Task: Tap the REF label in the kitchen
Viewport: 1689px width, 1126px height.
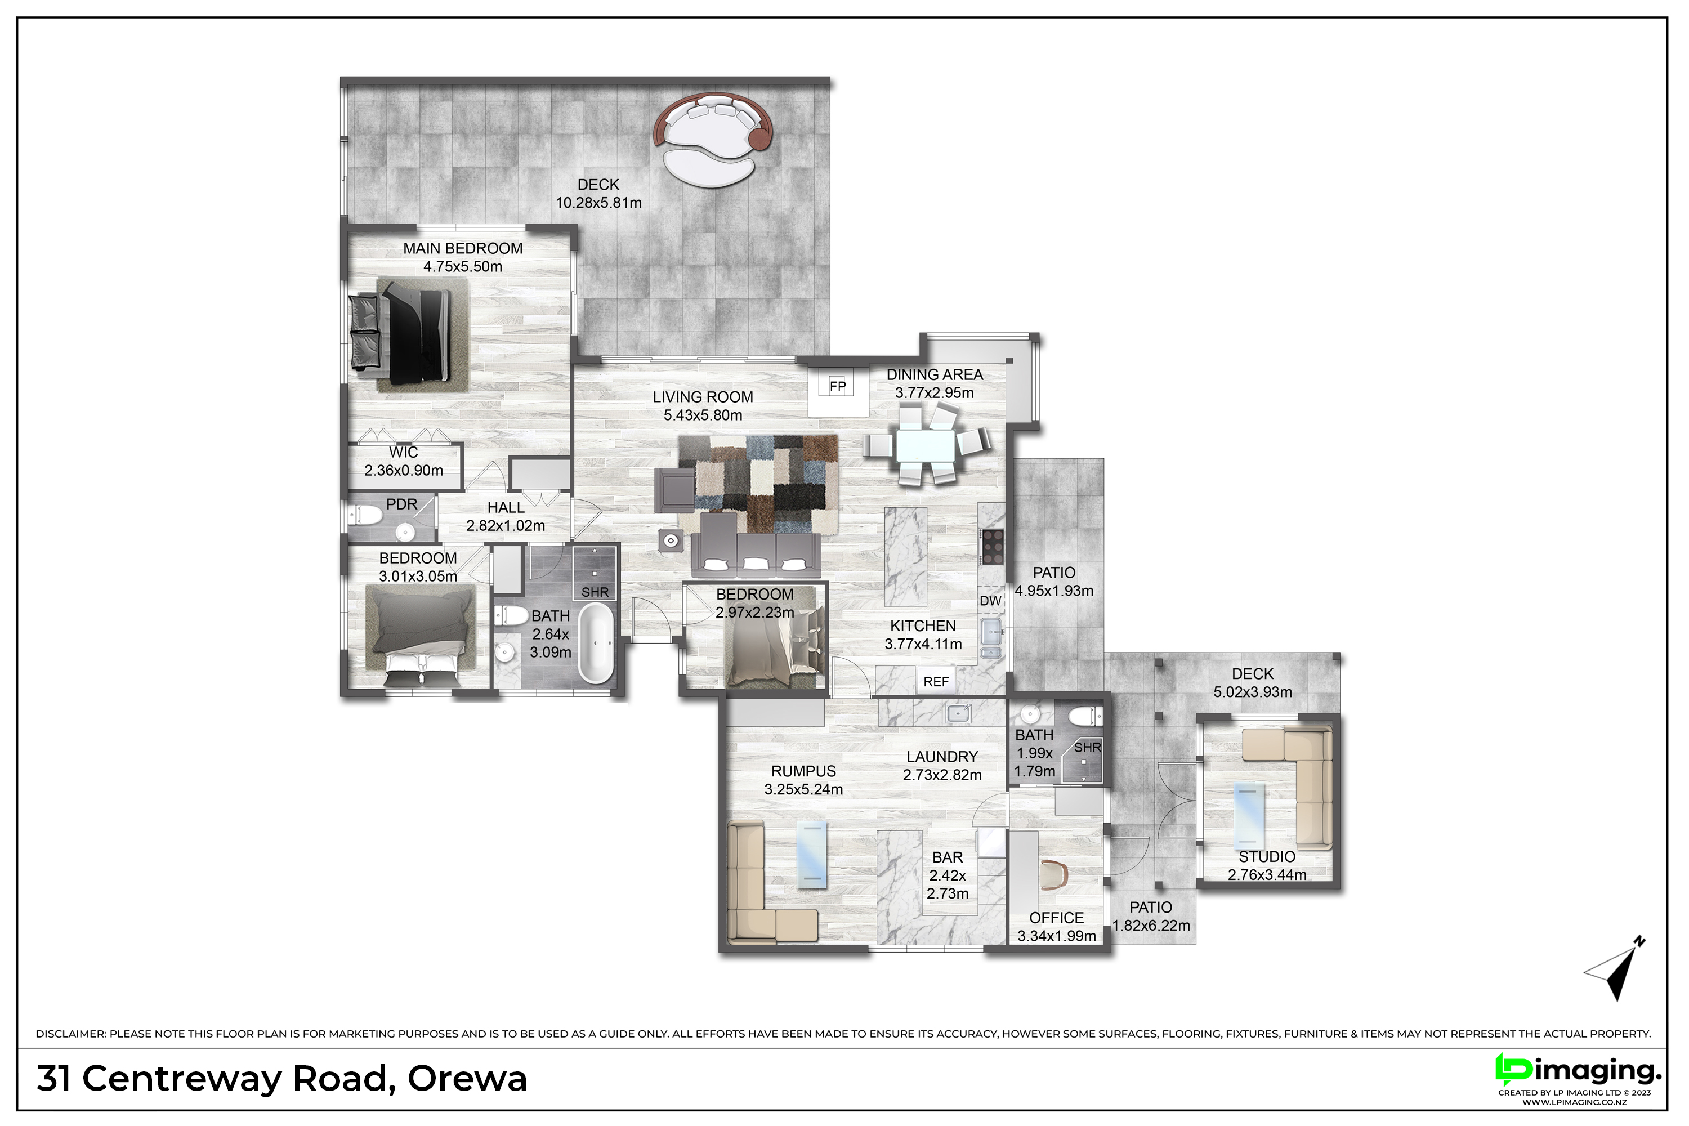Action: (x=936, y=681)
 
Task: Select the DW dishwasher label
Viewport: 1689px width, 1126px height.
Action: (x=990, y=600)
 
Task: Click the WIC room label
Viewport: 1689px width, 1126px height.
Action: (x=404, y=453)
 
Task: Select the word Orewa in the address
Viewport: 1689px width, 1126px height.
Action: (x=467, y=1079)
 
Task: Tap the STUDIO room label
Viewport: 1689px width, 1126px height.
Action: (x=1267, y=857)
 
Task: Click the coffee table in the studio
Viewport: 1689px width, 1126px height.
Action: (x=1249, y=816)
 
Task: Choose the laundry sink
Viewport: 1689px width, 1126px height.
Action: (x=958, y=714)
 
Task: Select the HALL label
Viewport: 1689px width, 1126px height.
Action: (x=506, y=508)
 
